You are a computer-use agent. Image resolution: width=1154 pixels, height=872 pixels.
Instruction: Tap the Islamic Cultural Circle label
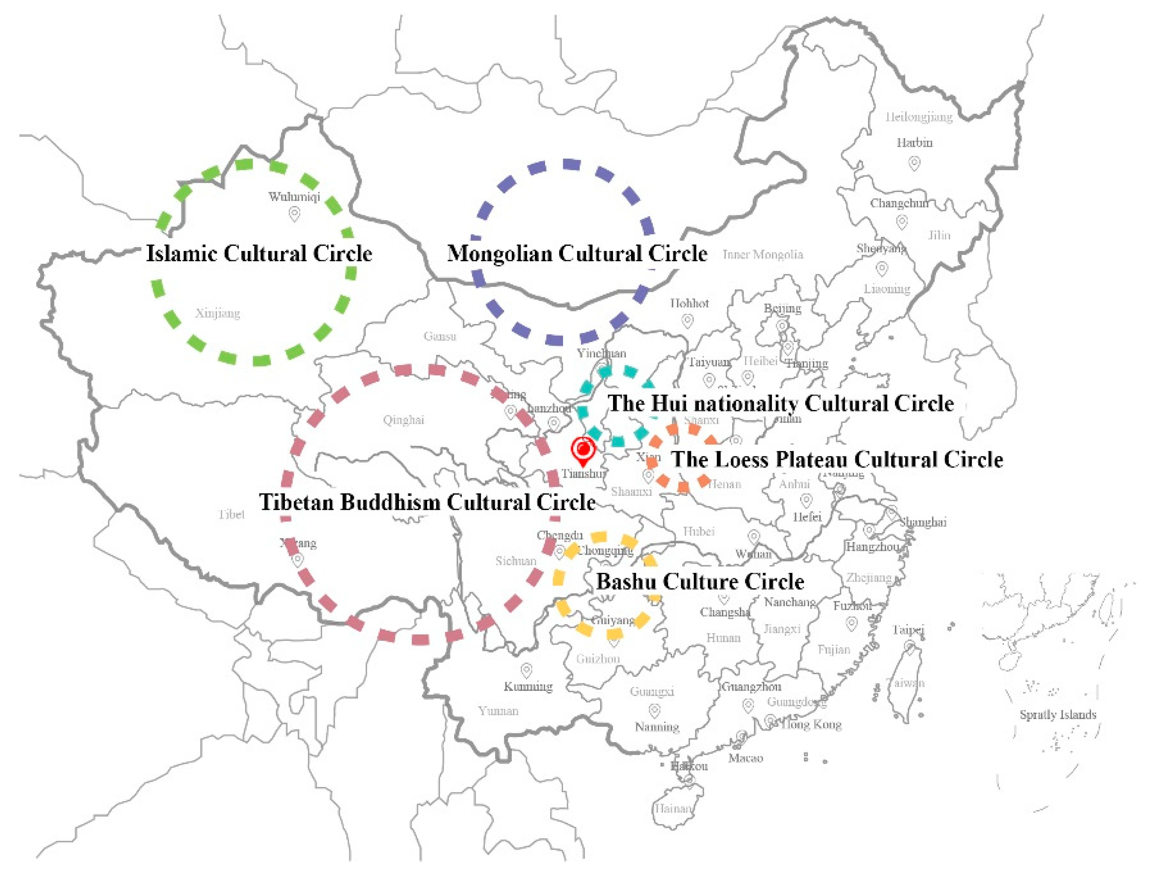coord(259,254)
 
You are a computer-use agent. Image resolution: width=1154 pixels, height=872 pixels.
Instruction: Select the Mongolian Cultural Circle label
coord(577,254)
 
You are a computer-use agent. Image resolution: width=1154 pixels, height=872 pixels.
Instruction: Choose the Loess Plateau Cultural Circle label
coord(837,460)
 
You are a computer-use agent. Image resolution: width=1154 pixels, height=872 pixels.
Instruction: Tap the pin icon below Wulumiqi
coord(295,213)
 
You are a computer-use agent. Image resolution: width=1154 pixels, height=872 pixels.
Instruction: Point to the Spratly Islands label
coord(1058,715)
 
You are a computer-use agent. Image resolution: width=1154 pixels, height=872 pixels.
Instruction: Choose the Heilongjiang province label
coord(919,117)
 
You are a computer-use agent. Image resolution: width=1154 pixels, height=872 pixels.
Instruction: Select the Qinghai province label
coord(403,420)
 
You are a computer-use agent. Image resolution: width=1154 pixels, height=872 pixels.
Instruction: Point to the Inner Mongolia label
coord(763,254)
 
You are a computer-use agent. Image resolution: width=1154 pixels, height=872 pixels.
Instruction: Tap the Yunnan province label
coord(498,711)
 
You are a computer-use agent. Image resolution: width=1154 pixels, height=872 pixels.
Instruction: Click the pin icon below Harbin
coord(914,163)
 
